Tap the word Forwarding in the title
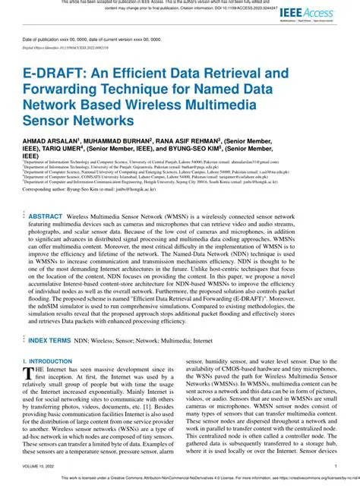coord(67,90)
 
